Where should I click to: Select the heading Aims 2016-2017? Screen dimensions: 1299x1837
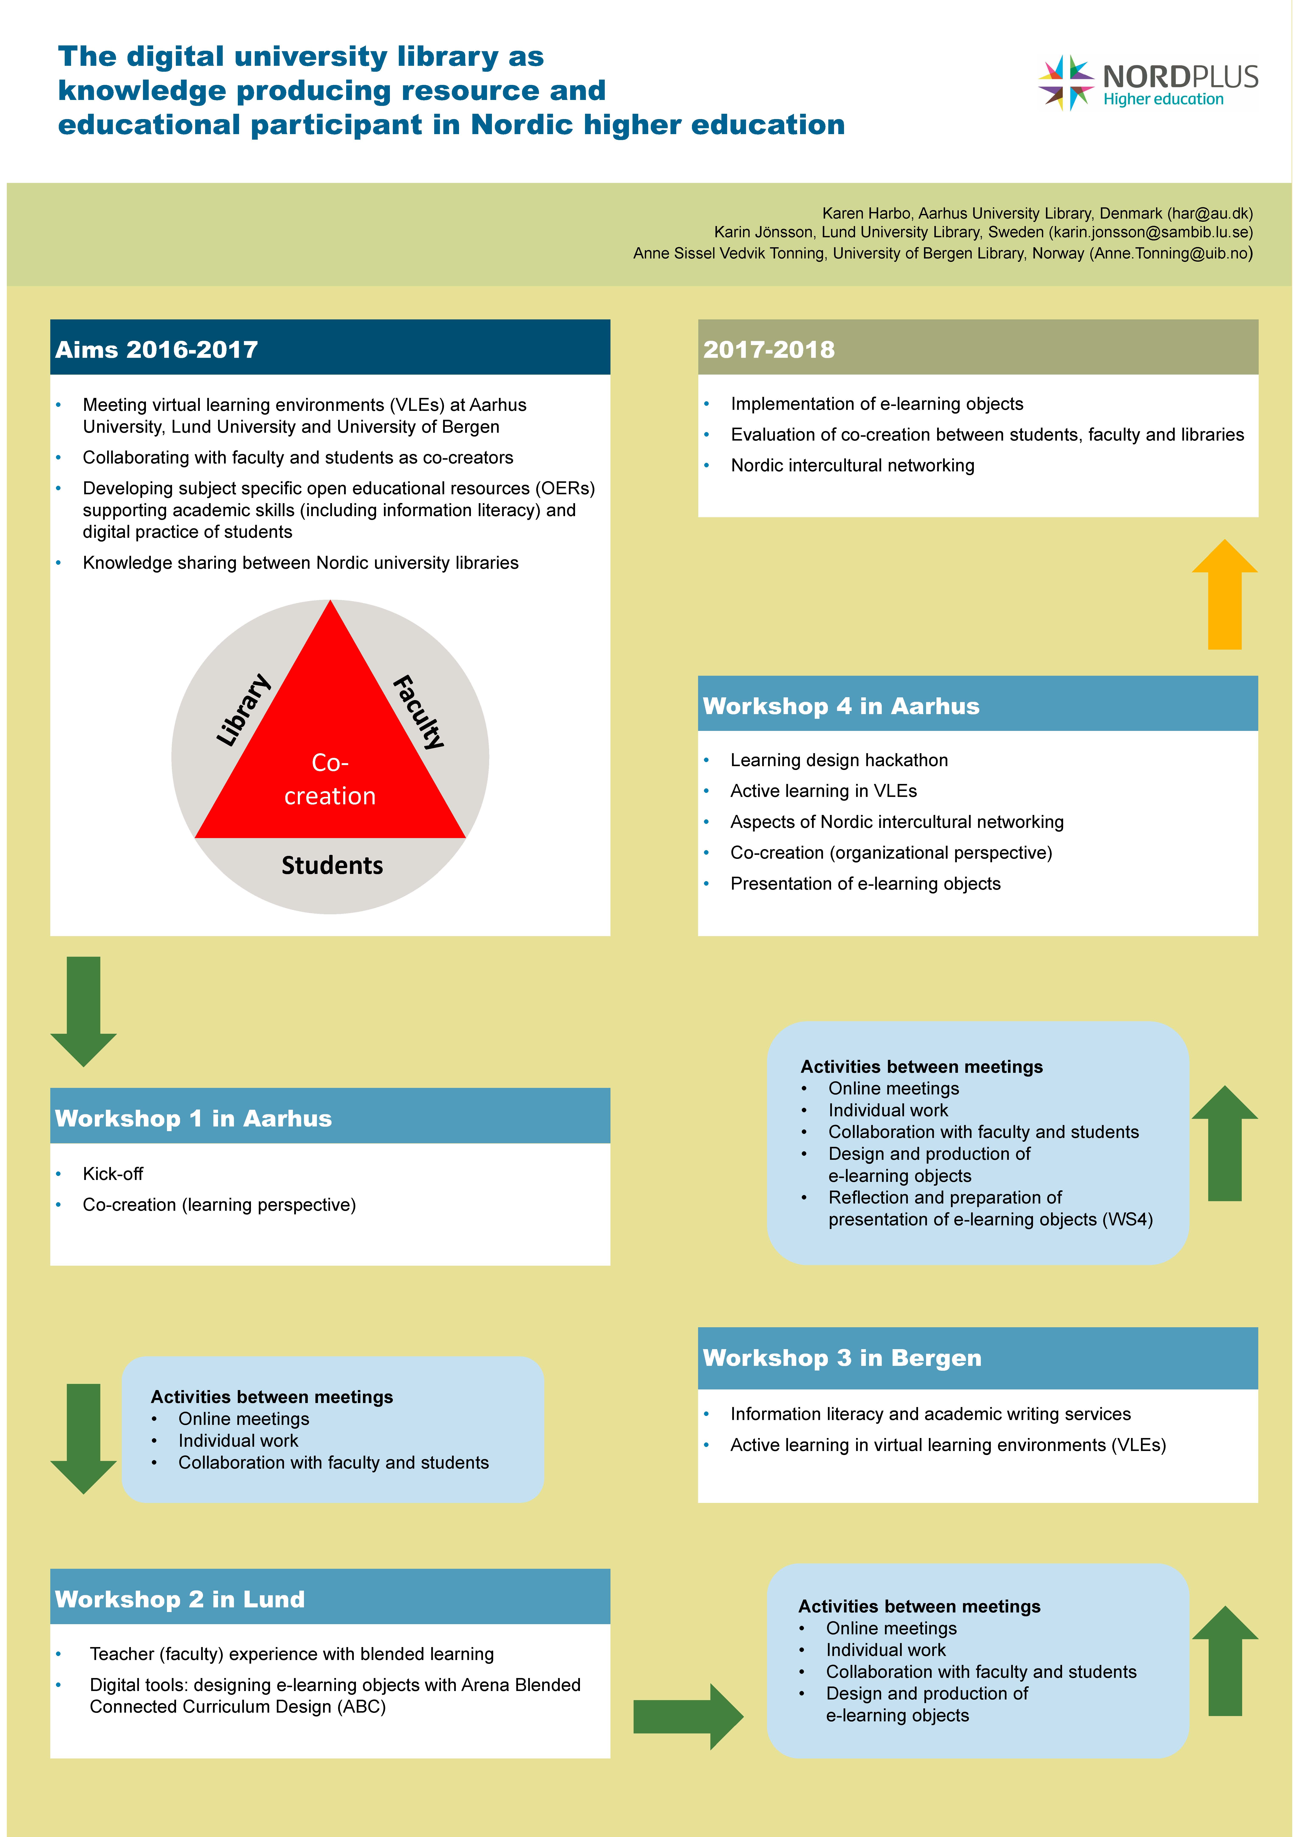point(157,350)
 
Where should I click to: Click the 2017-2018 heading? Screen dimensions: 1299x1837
point(769,350)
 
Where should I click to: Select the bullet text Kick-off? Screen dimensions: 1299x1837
point(113,1174)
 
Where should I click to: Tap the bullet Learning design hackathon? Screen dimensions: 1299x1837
point(839,760)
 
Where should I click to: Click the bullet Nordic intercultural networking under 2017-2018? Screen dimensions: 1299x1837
point(853,466)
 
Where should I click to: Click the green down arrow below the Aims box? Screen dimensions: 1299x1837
point(83,1011)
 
